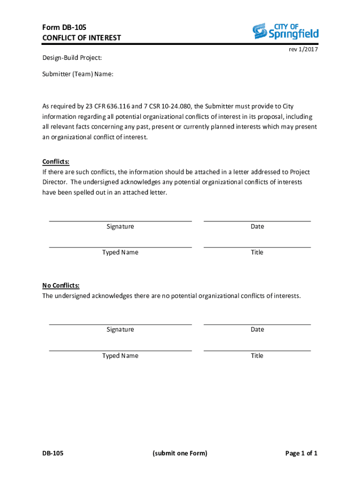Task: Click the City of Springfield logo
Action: [285, 31]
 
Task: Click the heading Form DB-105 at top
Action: [64, 27]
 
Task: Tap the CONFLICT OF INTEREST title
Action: [81, 38]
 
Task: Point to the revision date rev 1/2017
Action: [304, 50]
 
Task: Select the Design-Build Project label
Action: [72, 58]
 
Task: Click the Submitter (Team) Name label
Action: [78, 74]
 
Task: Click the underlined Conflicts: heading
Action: [56, 162]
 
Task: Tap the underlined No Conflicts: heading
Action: [61, 285]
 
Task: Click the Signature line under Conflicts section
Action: [120, 220]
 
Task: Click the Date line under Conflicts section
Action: [257, 220]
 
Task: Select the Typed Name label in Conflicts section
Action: [120, 253]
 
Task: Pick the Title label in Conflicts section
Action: [257, 253]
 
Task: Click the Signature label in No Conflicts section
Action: [120, 330]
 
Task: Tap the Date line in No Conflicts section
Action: [257, 324]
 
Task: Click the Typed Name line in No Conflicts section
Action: [120, 350]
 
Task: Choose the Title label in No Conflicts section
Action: [257, 356]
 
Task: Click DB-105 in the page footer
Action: [53, 453]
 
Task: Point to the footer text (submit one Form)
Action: [180, 453]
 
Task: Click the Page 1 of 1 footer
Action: [301, 453]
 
